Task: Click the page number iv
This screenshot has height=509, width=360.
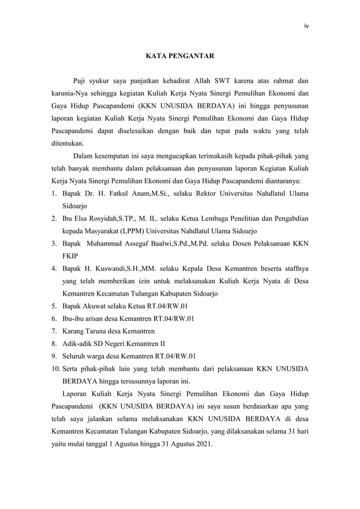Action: coord(306,25)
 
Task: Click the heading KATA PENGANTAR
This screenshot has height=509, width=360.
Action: coord(180,56)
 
